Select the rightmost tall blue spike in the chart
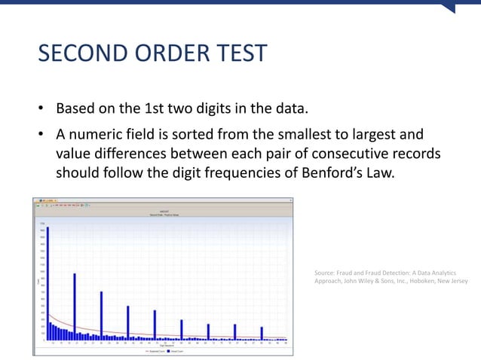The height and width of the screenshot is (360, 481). click(262, 333)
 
